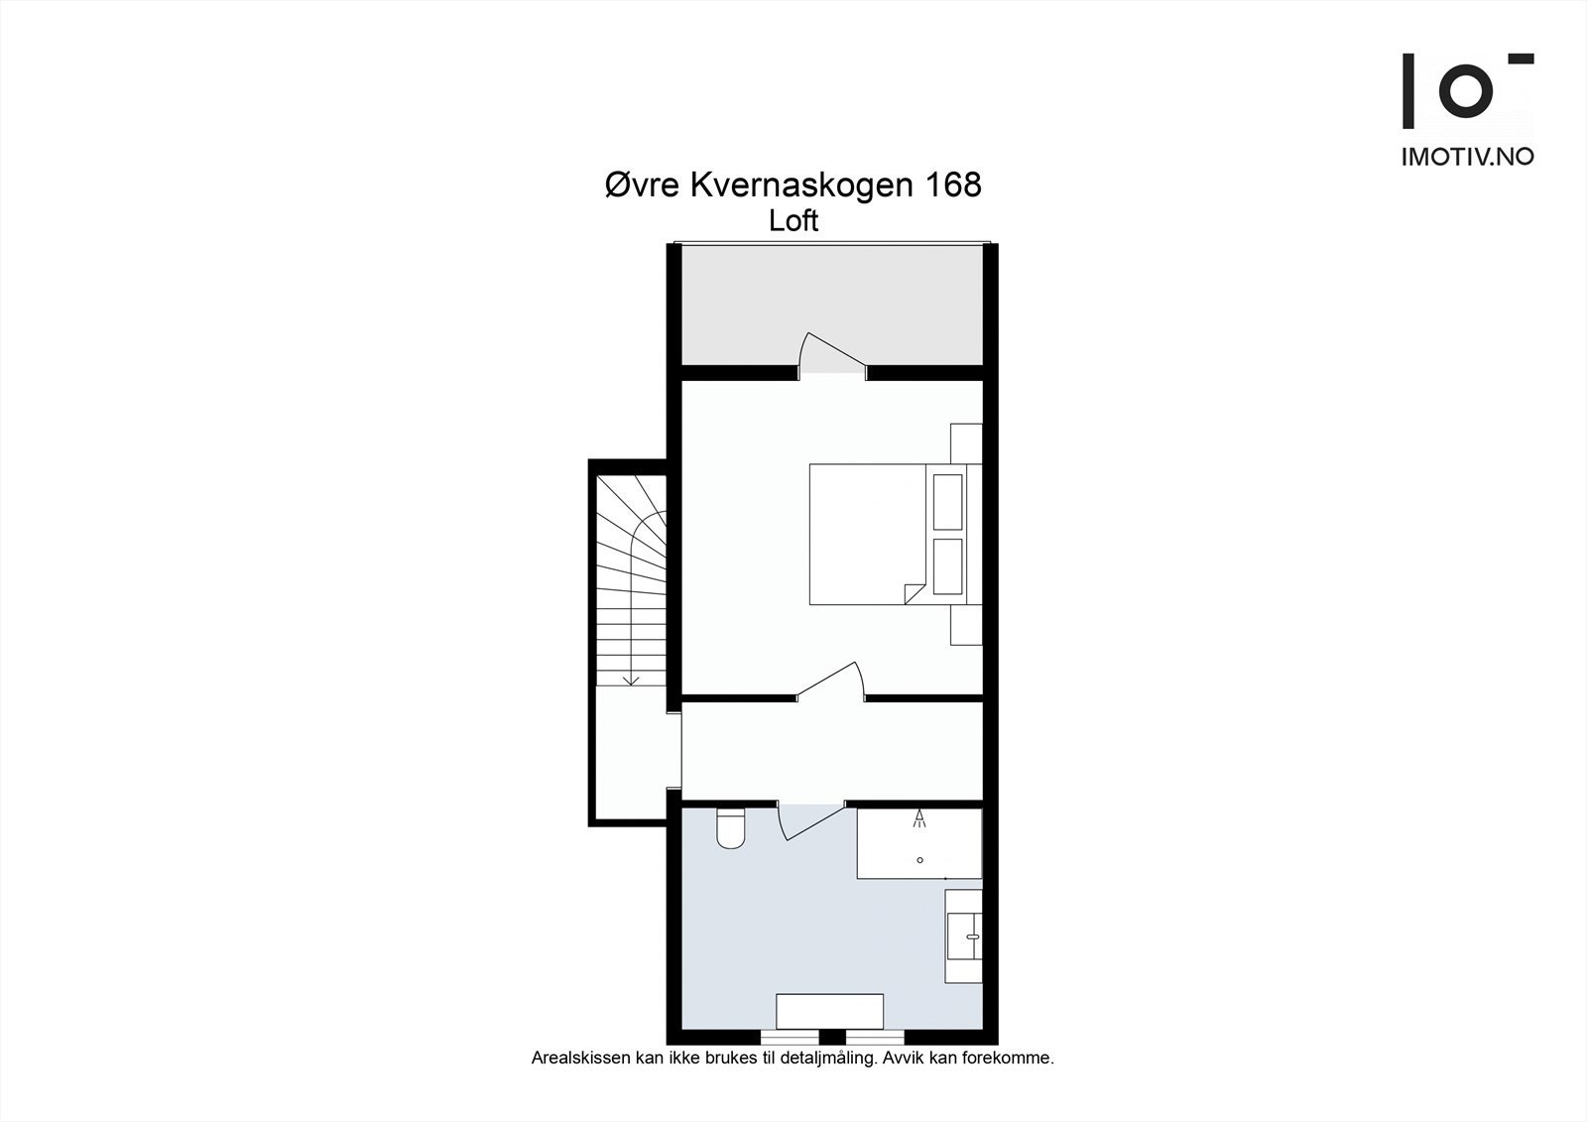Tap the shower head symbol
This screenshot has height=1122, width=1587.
919,818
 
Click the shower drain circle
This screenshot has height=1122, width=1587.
920,860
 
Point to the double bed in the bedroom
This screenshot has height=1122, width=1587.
868,534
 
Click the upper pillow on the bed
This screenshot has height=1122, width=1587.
948,501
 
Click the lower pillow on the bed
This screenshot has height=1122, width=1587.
948,566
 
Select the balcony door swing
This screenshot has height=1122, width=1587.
831,351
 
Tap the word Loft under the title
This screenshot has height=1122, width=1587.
793,221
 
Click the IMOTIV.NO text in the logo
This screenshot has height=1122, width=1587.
1467,157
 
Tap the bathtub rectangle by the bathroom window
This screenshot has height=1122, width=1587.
829,1011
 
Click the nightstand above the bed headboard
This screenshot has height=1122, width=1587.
966,442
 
